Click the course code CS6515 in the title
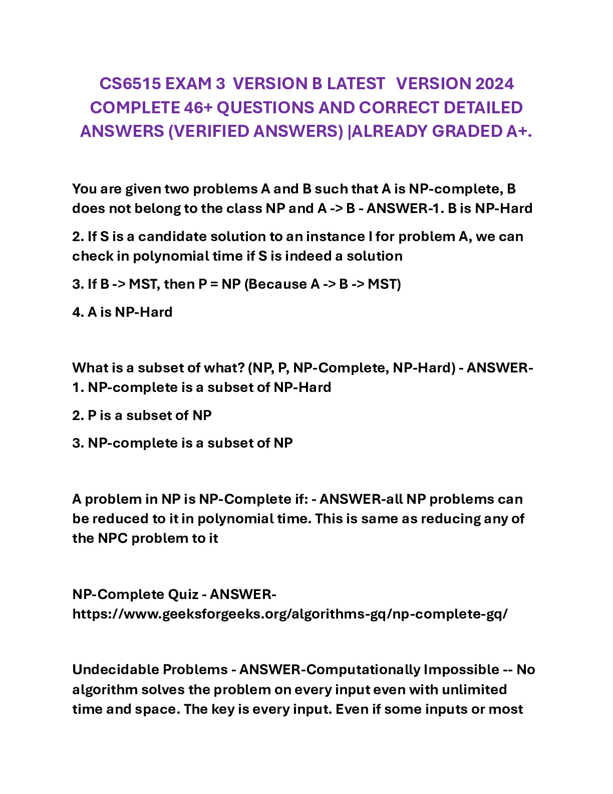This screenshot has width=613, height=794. pyautogui.click(x=130, y=84)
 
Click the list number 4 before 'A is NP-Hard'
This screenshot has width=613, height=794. pyautogui.click(x=77, y=312)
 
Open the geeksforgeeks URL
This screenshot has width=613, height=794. pyautogui.click(x=290, y=614)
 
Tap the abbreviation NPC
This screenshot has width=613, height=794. pyautogui.click(x=113, y=538)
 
